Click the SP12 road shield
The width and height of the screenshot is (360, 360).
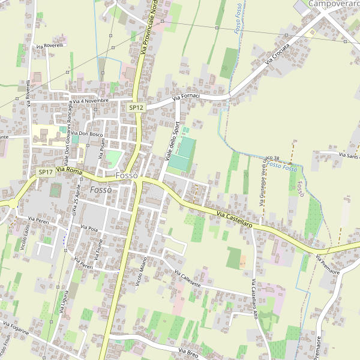pyautogui.click(x=136, y=107)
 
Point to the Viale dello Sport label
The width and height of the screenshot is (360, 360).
pyautogui.click(x=172, y=140)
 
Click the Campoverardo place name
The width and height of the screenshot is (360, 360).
pyautogui.click(x=334, y=4)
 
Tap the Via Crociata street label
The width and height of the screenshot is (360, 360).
pyautogui.click(x=277, y=54)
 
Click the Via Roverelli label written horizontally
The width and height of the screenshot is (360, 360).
pyautogui.click(x=50, y=46)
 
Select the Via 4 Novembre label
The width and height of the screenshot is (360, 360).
pyautogui.click(x=91, y=101)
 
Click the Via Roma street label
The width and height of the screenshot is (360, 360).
pyautogui.click(x=68, y=171)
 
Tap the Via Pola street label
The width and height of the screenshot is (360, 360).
pyautogui.click(x=89, y=228)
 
